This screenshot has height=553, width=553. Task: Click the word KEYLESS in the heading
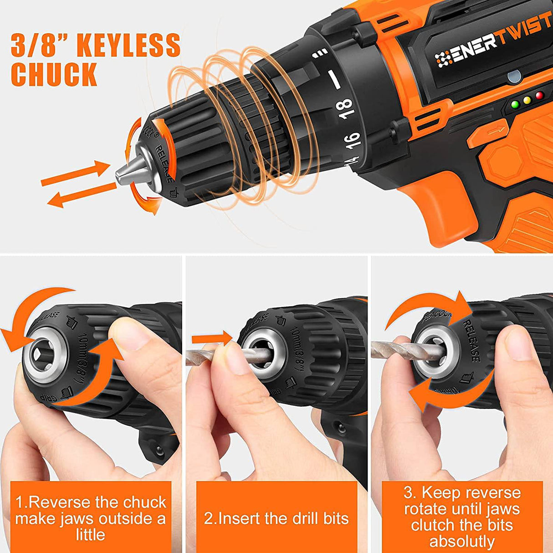click(x=128, y=45)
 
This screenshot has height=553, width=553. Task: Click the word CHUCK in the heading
click(x=54, y=74)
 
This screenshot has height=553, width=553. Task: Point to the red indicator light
click(x=540, y=96)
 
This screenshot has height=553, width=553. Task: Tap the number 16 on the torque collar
click(x=353, y=139)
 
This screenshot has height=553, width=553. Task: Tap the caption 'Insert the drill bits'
click(x=276, y=518)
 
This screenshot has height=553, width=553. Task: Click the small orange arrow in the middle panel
click(x=212, y=338)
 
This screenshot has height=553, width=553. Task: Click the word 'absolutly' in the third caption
click(x=462, y=542)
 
